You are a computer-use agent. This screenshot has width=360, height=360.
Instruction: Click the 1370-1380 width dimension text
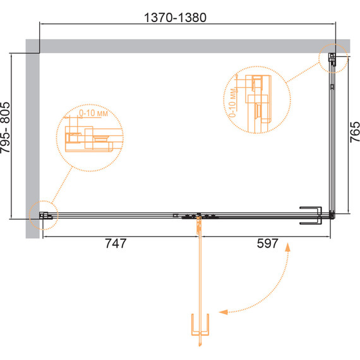pos(175,18)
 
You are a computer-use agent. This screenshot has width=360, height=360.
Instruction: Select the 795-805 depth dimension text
pos(6,128)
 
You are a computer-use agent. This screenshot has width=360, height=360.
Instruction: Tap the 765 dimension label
pos(354,132)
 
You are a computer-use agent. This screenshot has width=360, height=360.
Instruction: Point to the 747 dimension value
pos(116,243)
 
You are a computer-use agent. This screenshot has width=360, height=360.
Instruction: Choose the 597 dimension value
pos(268,243)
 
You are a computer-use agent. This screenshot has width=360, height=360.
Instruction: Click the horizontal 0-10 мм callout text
pos(93,113)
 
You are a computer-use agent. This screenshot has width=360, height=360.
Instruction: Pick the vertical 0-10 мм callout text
pos(232,102)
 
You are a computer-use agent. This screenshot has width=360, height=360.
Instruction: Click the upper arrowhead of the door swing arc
pos(287,248)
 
